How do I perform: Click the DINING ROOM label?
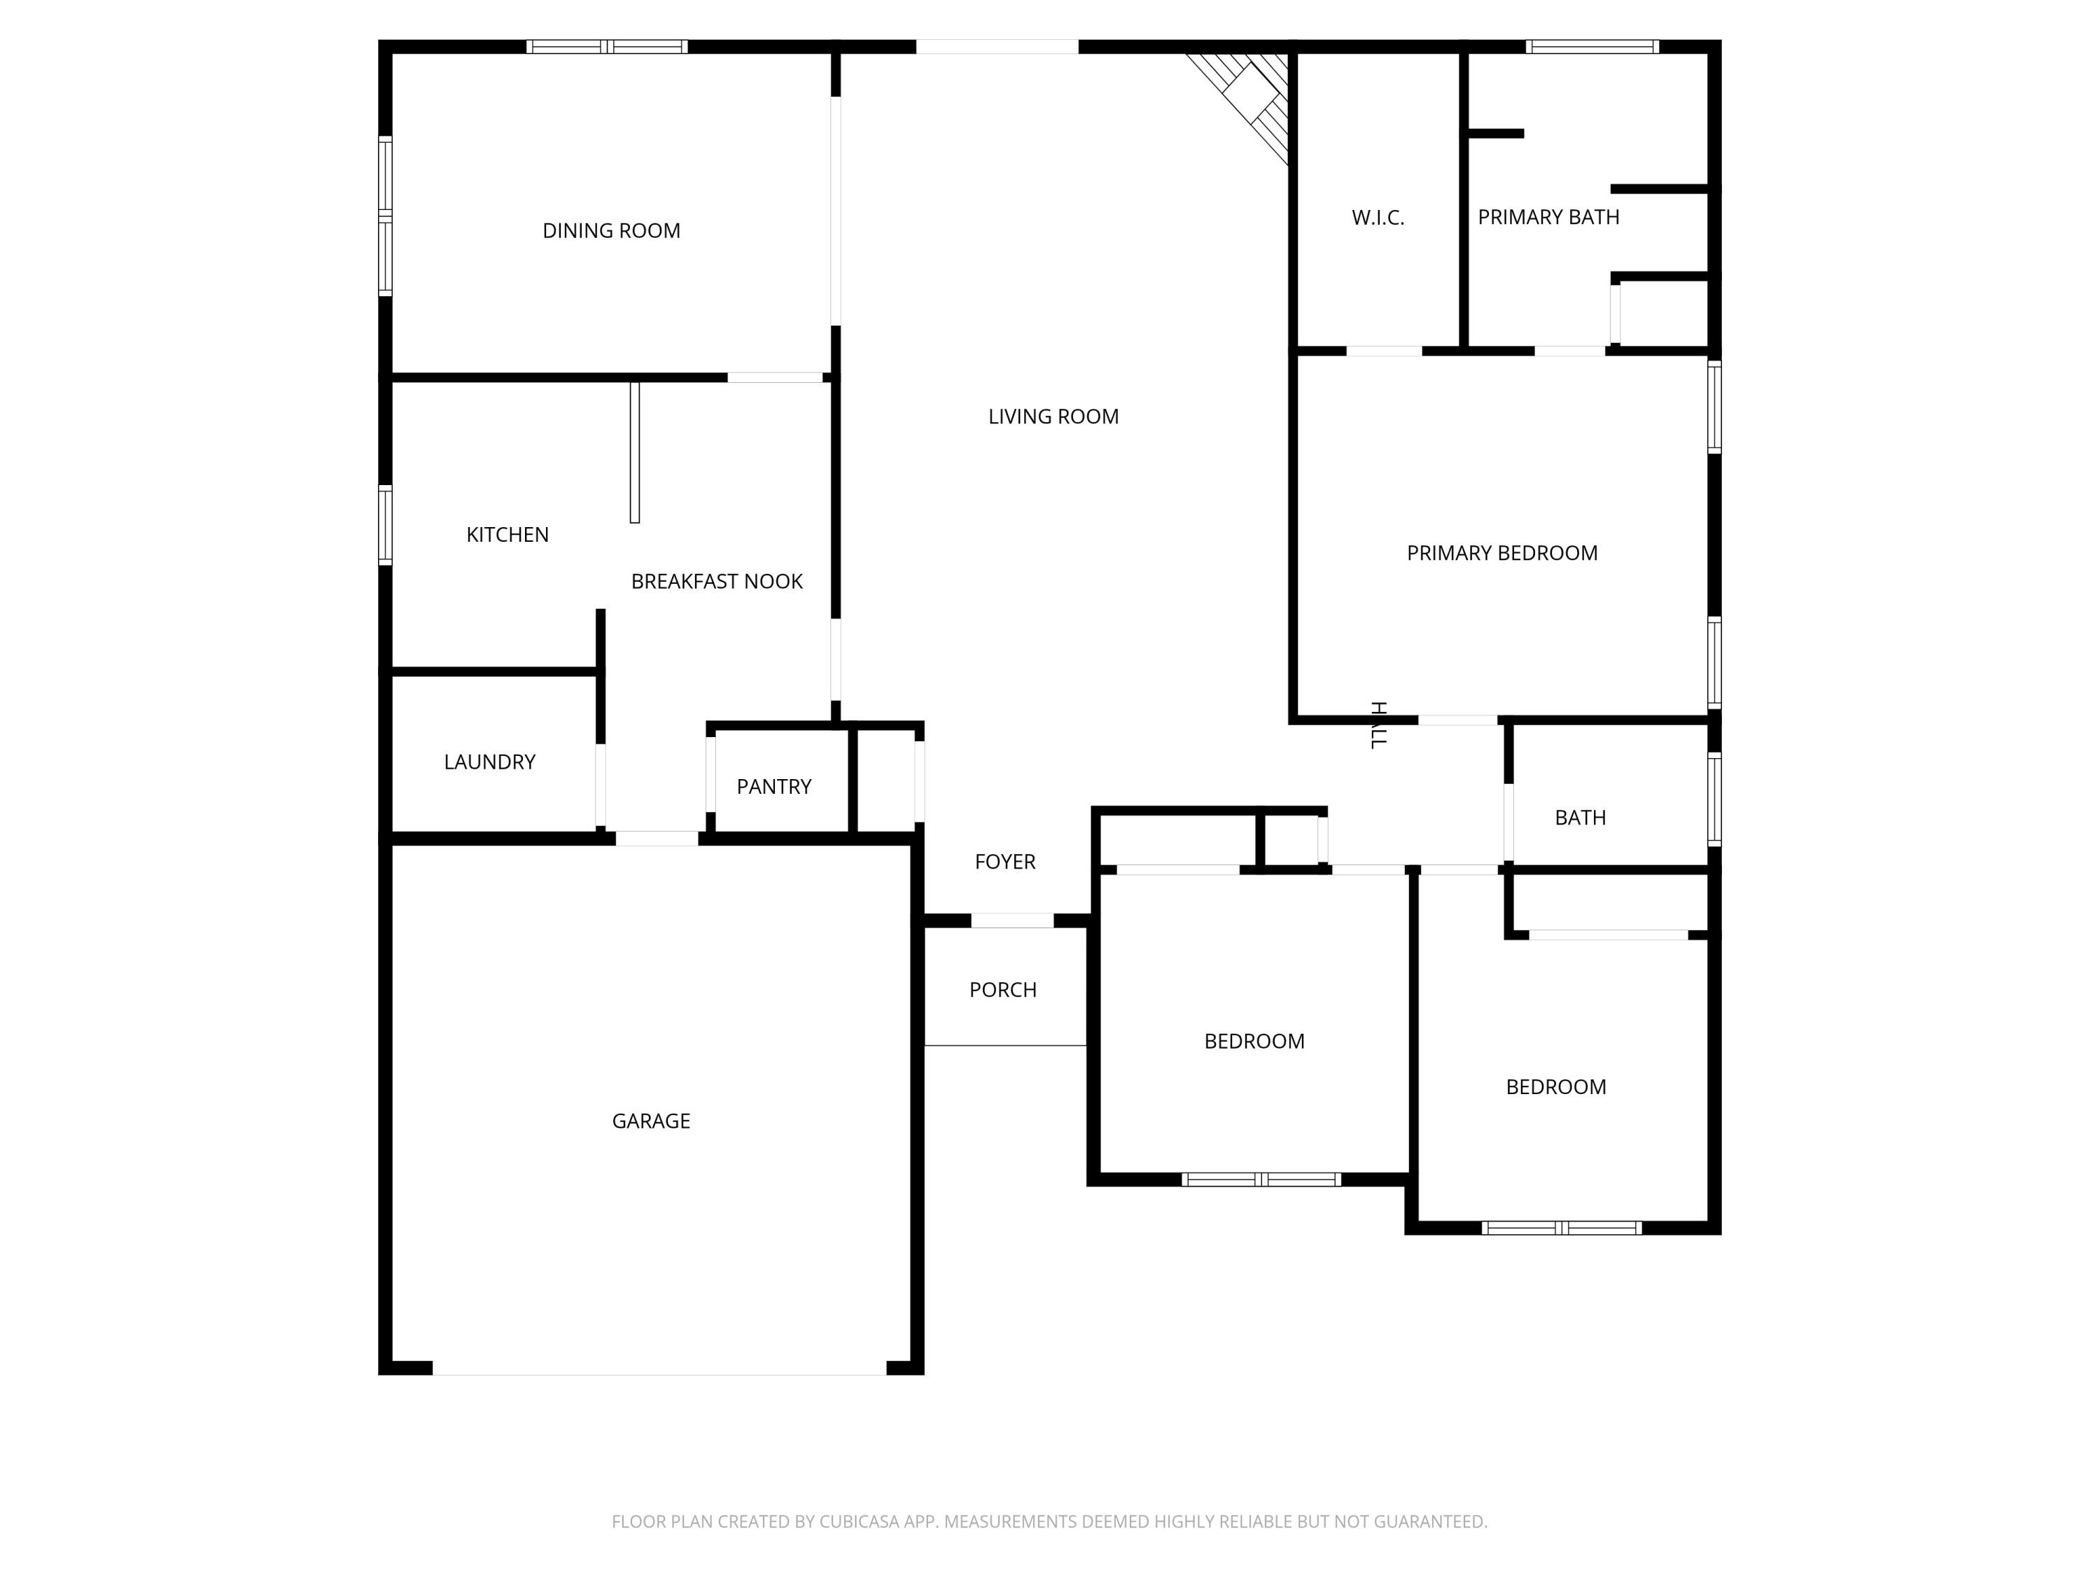(x=610, y=231)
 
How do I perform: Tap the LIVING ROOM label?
(x=1053, y=416)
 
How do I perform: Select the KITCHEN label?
(x=507, y=535)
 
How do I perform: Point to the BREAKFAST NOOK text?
(x=717, y=581)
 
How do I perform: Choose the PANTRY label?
(x=773, y=786)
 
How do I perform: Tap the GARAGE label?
(x=650, y=1121)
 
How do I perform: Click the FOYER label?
(x=1004, y=861)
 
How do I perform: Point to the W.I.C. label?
(x=1378, y=218)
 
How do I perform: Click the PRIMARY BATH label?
(x=1548, y=218)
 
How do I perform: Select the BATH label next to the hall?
(x=1580, y=818)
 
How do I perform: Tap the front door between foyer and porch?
(x=1012, y=920)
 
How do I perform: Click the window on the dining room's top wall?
(x=607, y=46)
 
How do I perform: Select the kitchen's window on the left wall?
(x=386, y=525)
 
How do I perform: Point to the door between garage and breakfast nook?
(x=657, y=839)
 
